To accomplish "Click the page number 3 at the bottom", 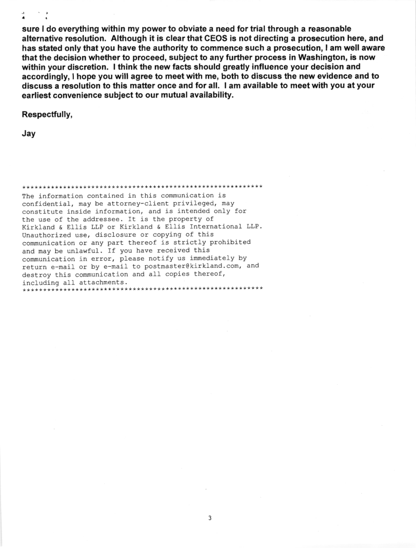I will click(209, 518).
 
